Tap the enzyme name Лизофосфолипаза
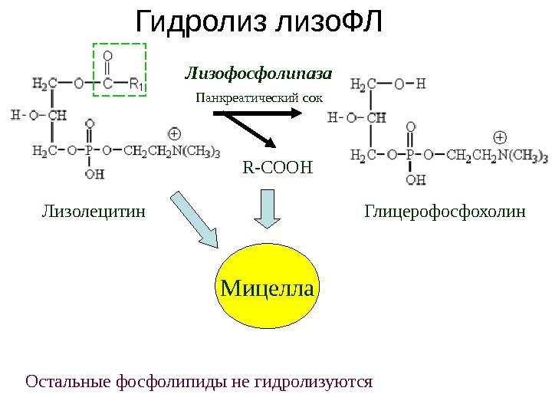point(258,74)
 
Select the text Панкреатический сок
point(260,98)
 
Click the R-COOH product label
point(278,166)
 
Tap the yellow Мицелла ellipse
point(268,289)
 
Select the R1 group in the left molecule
point(135,84)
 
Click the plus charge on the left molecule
point(174,133)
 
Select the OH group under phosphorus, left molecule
point(94,174)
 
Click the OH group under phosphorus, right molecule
point(414,180)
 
